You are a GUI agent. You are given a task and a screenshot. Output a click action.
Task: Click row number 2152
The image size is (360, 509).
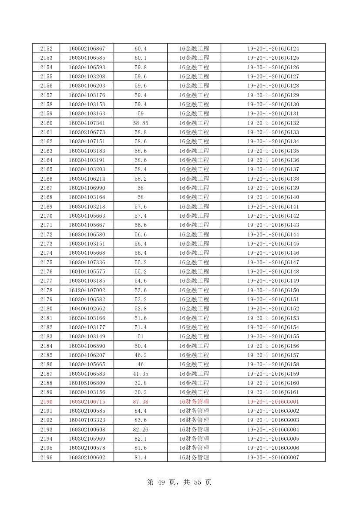coord(46,49)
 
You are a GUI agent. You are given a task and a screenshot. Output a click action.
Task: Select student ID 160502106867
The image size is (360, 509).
coord(87,49)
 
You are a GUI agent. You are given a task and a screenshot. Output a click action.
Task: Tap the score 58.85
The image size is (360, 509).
coord(141,123)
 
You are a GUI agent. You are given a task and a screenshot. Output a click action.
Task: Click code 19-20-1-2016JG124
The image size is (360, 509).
coord(273,49)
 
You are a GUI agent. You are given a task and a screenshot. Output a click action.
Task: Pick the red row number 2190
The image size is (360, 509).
coord(46,402)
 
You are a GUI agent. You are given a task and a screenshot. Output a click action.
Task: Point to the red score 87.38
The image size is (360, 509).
coord(141,402)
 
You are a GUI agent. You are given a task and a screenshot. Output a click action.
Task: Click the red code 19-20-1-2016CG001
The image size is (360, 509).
coord(273,402)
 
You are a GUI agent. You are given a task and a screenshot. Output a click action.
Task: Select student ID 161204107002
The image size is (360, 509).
coord(87,290)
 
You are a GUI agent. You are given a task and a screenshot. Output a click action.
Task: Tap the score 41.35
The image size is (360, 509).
coord(141,374)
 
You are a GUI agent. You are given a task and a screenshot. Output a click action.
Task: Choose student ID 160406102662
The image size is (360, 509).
coord(87,309)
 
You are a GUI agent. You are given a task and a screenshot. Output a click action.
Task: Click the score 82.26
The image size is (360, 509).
coord(141,430)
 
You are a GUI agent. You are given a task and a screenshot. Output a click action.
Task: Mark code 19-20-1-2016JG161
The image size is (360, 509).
coord(273,392)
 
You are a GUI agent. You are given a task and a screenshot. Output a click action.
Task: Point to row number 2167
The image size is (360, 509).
coord(46,188)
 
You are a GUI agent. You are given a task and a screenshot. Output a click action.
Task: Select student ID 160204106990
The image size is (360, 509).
coord(87,188)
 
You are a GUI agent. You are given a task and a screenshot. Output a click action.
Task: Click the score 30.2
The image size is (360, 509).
coord(141,392)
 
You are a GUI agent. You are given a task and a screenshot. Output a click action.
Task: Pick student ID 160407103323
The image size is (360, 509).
coord(87,420)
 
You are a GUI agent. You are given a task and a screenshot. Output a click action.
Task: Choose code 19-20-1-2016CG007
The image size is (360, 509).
coord(273,458)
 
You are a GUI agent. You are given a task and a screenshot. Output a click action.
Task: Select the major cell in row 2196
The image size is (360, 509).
coord(194,458)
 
